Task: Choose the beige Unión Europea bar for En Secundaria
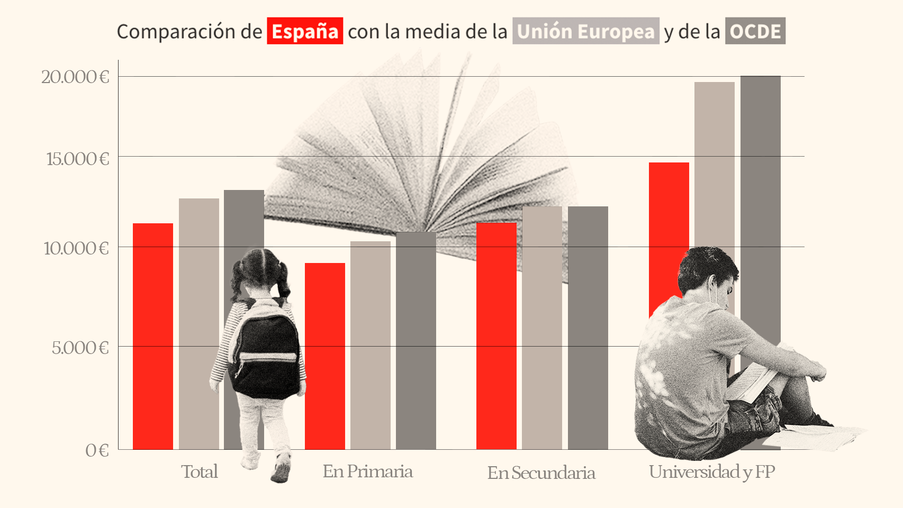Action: tap(542, 328)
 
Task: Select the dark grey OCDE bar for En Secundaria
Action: tap(588, 328)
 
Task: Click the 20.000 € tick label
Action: tap(75, 77)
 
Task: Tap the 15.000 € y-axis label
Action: tap(77, 159)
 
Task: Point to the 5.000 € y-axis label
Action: tap(80, 348)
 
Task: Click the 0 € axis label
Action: tap(97, 450)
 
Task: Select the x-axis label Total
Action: tap(200, 471)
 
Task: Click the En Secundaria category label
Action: tap(541, 473)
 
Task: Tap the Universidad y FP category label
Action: tap(712, 471)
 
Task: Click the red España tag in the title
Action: tap(305, 31)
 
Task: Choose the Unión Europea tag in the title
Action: tap(585, 31)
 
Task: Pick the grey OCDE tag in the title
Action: tap(755, 31)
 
